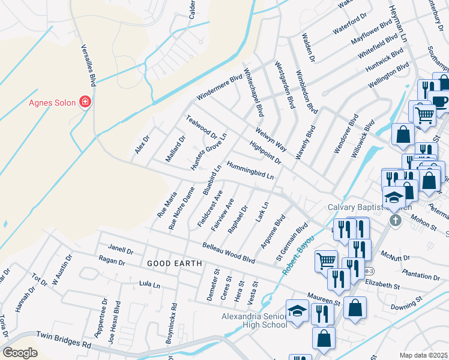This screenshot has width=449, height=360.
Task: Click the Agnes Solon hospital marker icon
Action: coord(85,102)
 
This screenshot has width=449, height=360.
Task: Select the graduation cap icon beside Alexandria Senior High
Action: coord(297,311)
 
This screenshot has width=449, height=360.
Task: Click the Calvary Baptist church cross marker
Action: coord(395,220)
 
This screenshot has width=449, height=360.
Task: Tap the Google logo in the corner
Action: coord(20,353)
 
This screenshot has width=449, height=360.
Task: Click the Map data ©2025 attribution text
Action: coord(424,355)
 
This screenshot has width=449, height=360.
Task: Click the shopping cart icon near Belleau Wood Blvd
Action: coord(326,260)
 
